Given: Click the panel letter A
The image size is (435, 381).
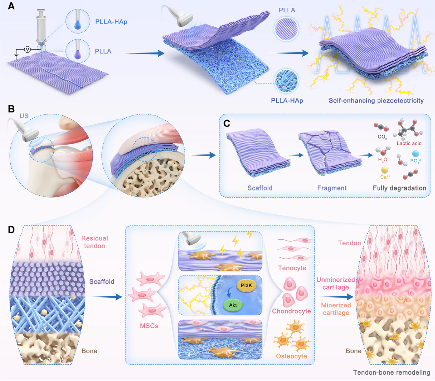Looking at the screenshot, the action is [11, 6].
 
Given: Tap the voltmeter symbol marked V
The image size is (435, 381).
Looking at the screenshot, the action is [27, 49].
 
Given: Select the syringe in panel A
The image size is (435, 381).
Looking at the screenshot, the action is [41, 28].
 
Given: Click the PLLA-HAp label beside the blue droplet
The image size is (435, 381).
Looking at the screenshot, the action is [111, 22].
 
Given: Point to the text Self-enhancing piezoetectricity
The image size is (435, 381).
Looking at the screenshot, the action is [376, 100].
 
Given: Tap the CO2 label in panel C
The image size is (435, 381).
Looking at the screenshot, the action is [382, 137].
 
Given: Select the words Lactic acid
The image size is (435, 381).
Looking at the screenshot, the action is [409, 143].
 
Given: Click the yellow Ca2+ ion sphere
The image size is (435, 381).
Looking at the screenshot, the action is [385, 170].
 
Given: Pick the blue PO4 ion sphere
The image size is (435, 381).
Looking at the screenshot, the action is [415, 154].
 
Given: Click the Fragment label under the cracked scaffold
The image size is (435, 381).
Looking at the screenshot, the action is [332, 188].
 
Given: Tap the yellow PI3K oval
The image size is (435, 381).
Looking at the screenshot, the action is [246, 285].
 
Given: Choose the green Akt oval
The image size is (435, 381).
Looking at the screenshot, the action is [233, 305].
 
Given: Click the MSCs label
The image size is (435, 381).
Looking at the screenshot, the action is [149, 326].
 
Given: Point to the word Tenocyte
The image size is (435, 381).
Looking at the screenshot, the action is [292, 268].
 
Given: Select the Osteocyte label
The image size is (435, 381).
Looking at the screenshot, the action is [291, 356].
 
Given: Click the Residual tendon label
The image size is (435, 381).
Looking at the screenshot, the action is [95, 242].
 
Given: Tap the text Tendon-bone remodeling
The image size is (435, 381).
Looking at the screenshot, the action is [392, 373].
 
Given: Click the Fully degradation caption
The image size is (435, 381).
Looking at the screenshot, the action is [399, 188].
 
